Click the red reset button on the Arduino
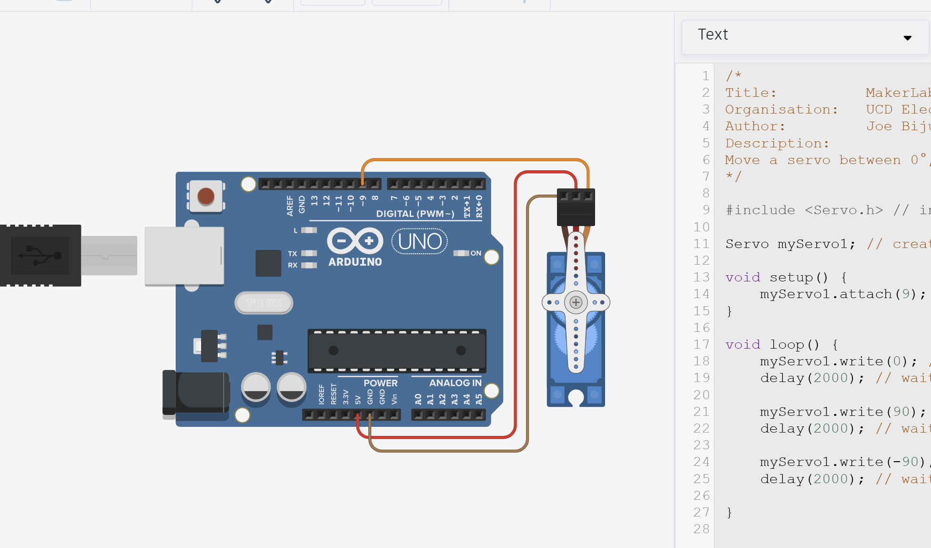(x=206, y=196)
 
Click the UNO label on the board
(x=420, y=242)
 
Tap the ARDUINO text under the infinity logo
(x=355, y=262)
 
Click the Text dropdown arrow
(x=907, y=38)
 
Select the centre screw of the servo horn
(x=576, y=302)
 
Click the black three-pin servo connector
(x=576, y=207)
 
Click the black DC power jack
(x=195, y=392)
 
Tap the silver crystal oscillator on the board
(x=264, y=303)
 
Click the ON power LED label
(x=476, y=253)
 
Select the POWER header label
(x=380, y=383)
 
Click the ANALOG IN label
(x=455, y=383)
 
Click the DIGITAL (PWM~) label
(x=415, y=214)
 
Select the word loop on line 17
(x=787, y=344)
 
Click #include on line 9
(x=760, y=210)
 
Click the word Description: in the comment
(x=777, y=143)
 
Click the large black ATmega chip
(x=397, y=351)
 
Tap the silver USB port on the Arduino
(x=184, y=256)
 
